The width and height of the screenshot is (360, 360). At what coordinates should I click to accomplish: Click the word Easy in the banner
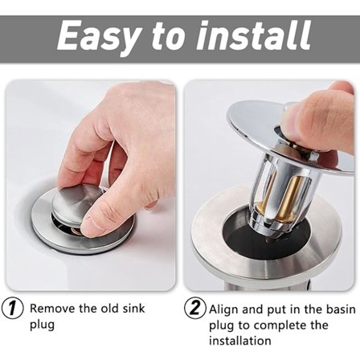[96, 37]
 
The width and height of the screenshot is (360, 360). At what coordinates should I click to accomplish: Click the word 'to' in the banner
[167, 37]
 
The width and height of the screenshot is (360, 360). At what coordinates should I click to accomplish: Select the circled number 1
[12, 309]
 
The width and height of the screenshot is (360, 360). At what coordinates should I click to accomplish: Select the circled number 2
[195, 308]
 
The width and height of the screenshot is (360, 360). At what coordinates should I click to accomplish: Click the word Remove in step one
[52, 309]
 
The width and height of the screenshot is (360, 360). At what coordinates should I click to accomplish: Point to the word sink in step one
[133, 308]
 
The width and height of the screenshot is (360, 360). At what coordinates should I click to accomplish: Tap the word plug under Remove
[42, 325]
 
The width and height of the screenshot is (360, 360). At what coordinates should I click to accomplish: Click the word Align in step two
[223, 309]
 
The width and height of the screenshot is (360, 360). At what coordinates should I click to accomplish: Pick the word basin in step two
[341, 309]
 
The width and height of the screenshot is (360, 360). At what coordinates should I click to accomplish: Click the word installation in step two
[240, 341]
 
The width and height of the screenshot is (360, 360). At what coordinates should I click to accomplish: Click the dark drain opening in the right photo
[244, 235]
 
